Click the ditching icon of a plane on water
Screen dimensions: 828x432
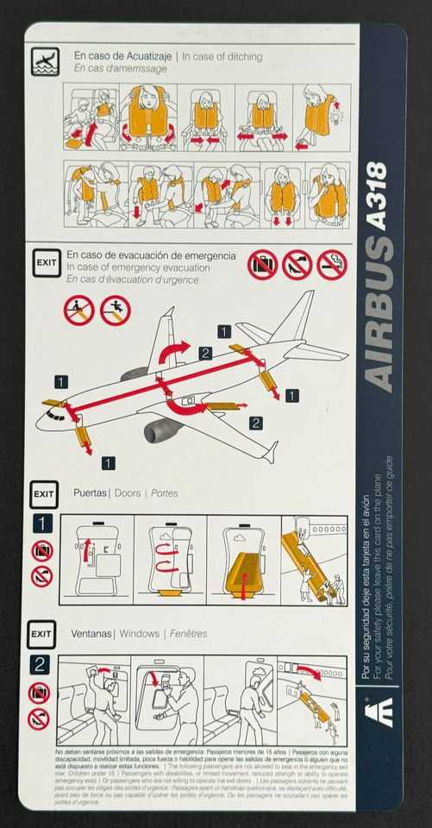click(45, 61)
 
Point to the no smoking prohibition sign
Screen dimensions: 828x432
click(332, 265)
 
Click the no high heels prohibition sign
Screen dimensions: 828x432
click(297, 265)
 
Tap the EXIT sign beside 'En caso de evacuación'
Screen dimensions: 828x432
click(46, 262)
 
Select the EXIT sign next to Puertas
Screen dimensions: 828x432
click(43, 494)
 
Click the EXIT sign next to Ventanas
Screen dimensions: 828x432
click(41, 634)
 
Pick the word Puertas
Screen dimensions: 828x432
click(91, 493)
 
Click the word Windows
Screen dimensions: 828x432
click(139, 633)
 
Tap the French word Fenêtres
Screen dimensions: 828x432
click(188, 633)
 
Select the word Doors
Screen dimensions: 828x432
click(128, 493)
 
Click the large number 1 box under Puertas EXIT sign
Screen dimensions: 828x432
click(42, 524)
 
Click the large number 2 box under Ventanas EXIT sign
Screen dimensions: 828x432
click(40, 664)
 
